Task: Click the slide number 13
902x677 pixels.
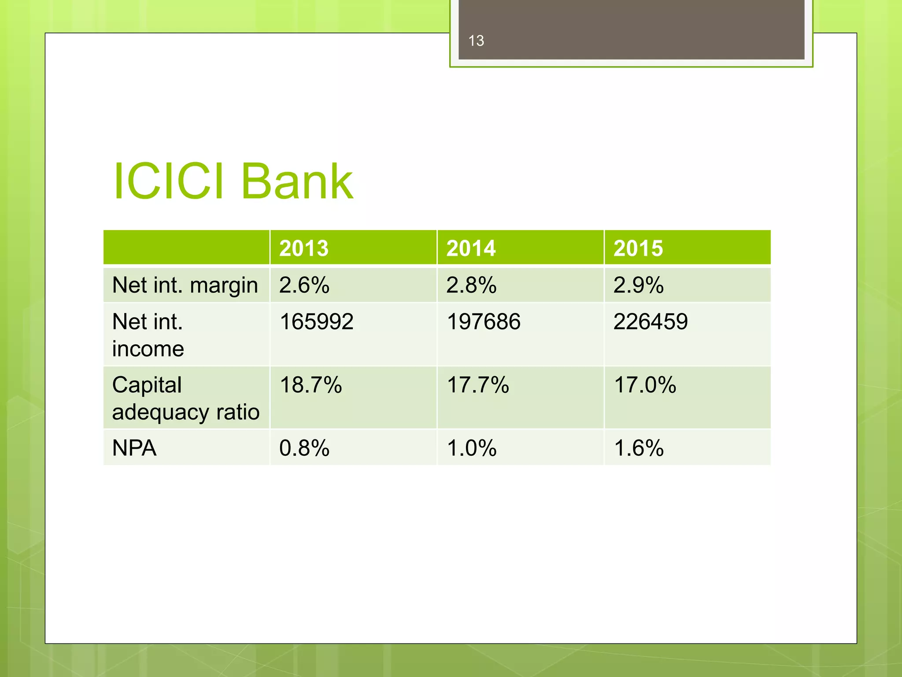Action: point(476,41)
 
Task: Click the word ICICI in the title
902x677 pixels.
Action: point(169,181)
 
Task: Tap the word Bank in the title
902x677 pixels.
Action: point(297,181)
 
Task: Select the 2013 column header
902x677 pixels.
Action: point(304,248)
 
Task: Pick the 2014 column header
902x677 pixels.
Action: point(471,248)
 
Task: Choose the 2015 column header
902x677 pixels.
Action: point(638,248)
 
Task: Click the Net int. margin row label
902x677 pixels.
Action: point(185,285)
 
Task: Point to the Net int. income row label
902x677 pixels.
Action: point(148,335)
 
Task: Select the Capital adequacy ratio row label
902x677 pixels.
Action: point(185,398)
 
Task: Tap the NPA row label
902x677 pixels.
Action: point(134,448)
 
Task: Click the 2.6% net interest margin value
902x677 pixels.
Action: point(304,285)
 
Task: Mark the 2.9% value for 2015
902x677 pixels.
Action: point(639,285)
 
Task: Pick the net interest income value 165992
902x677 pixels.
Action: point(317,322)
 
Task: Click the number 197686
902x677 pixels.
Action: point(484,322)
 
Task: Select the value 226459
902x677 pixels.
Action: point(651,322)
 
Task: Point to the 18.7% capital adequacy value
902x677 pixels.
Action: point(311,385)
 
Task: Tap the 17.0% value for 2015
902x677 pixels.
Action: point(645,385)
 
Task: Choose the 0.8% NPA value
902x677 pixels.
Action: point(304,448)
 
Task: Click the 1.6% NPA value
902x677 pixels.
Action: point(639,448)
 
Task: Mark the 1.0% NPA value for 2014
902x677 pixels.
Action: point(472,448)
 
